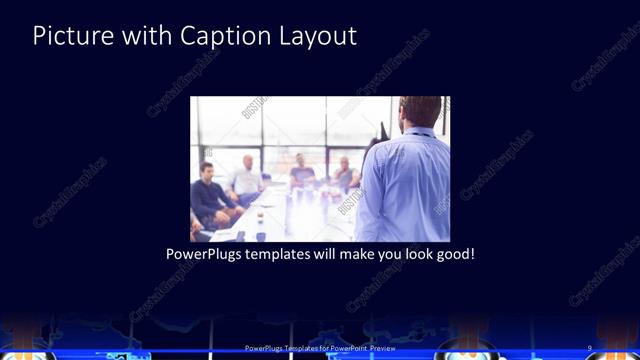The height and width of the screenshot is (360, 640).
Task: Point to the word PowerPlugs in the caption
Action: (203, 254)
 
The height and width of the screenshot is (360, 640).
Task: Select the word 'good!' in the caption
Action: (453, 254)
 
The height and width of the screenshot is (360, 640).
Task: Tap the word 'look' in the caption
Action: (409, 254)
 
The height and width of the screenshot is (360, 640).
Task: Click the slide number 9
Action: (590, 348)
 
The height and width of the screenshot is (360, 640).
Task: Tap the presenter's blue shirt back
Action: (405, 190)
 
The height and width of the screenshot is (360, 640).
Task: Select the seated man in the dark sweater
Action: (209, 195)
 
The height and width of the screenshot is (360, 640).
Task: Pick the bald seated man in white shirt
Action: (248, 178)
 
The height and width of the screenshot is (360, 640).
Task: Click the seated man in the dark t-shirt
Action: (302, 176)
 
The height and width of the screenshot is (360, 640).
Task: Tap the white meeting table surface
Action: (290, 215)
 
